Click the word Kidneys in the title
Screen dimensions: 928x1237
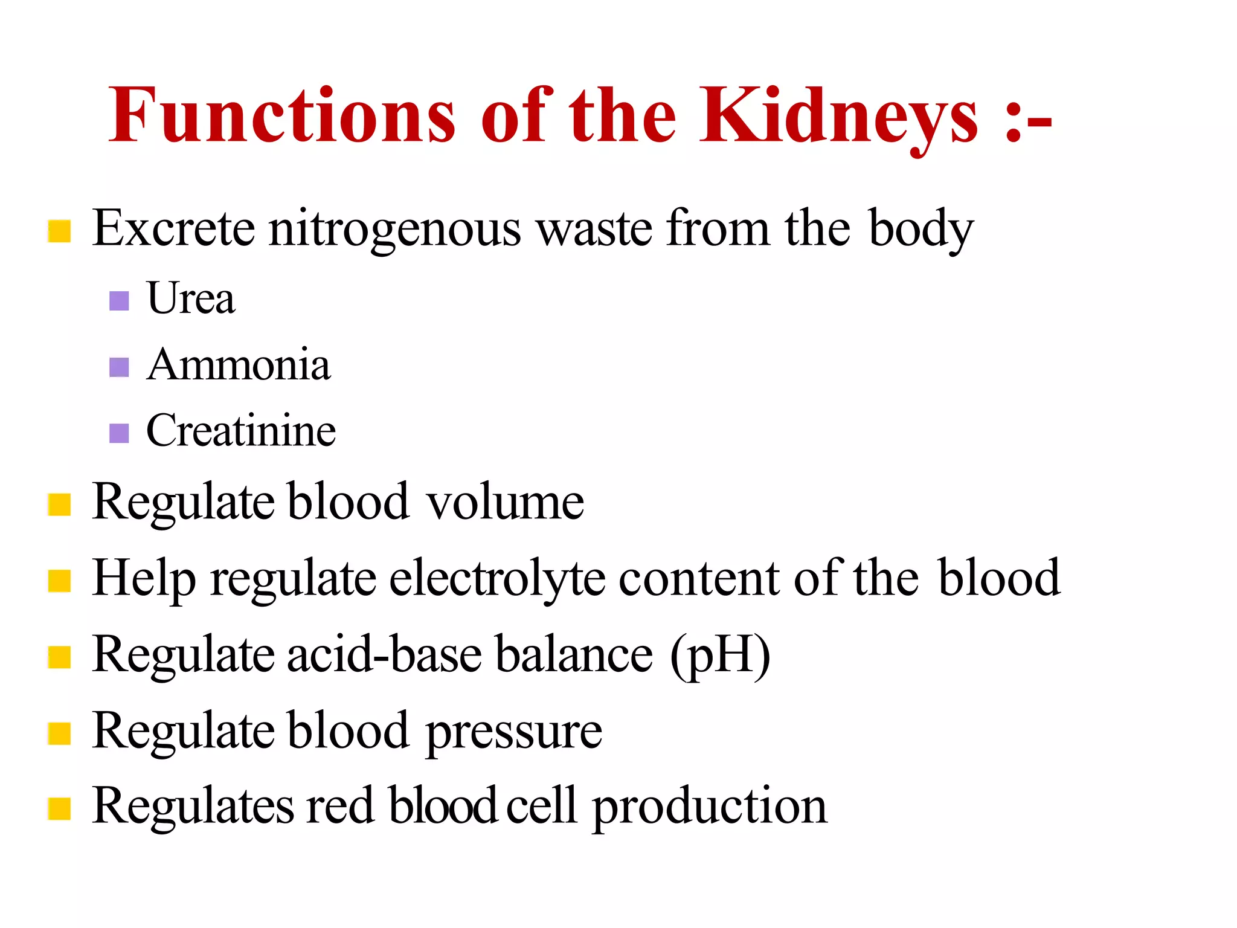click(838, 116)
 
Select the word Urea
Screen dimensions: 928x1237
click(190, 298)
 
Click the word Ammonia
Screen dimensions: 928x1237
click(239, 365)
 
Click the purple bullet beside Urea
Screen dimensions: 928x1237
click(119, 301)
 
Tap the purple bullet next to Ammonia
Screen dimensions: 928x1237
click(119, 367)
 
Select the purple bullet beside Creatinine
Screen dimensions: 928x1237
click(119, 433)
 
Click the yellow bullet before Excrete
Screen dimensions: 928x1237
click(59, 231)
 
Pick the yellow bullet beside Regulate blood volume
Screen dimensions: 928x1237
click(59, 504)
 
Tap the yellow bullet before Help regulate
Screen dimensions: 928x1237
click(59, 581)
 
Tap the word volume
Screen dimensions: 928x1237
click(506, 502)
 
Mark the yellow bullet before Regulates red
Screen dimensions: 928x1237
click(59, 809)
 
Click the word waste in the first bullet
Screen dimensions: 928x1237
click(595, 230)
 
